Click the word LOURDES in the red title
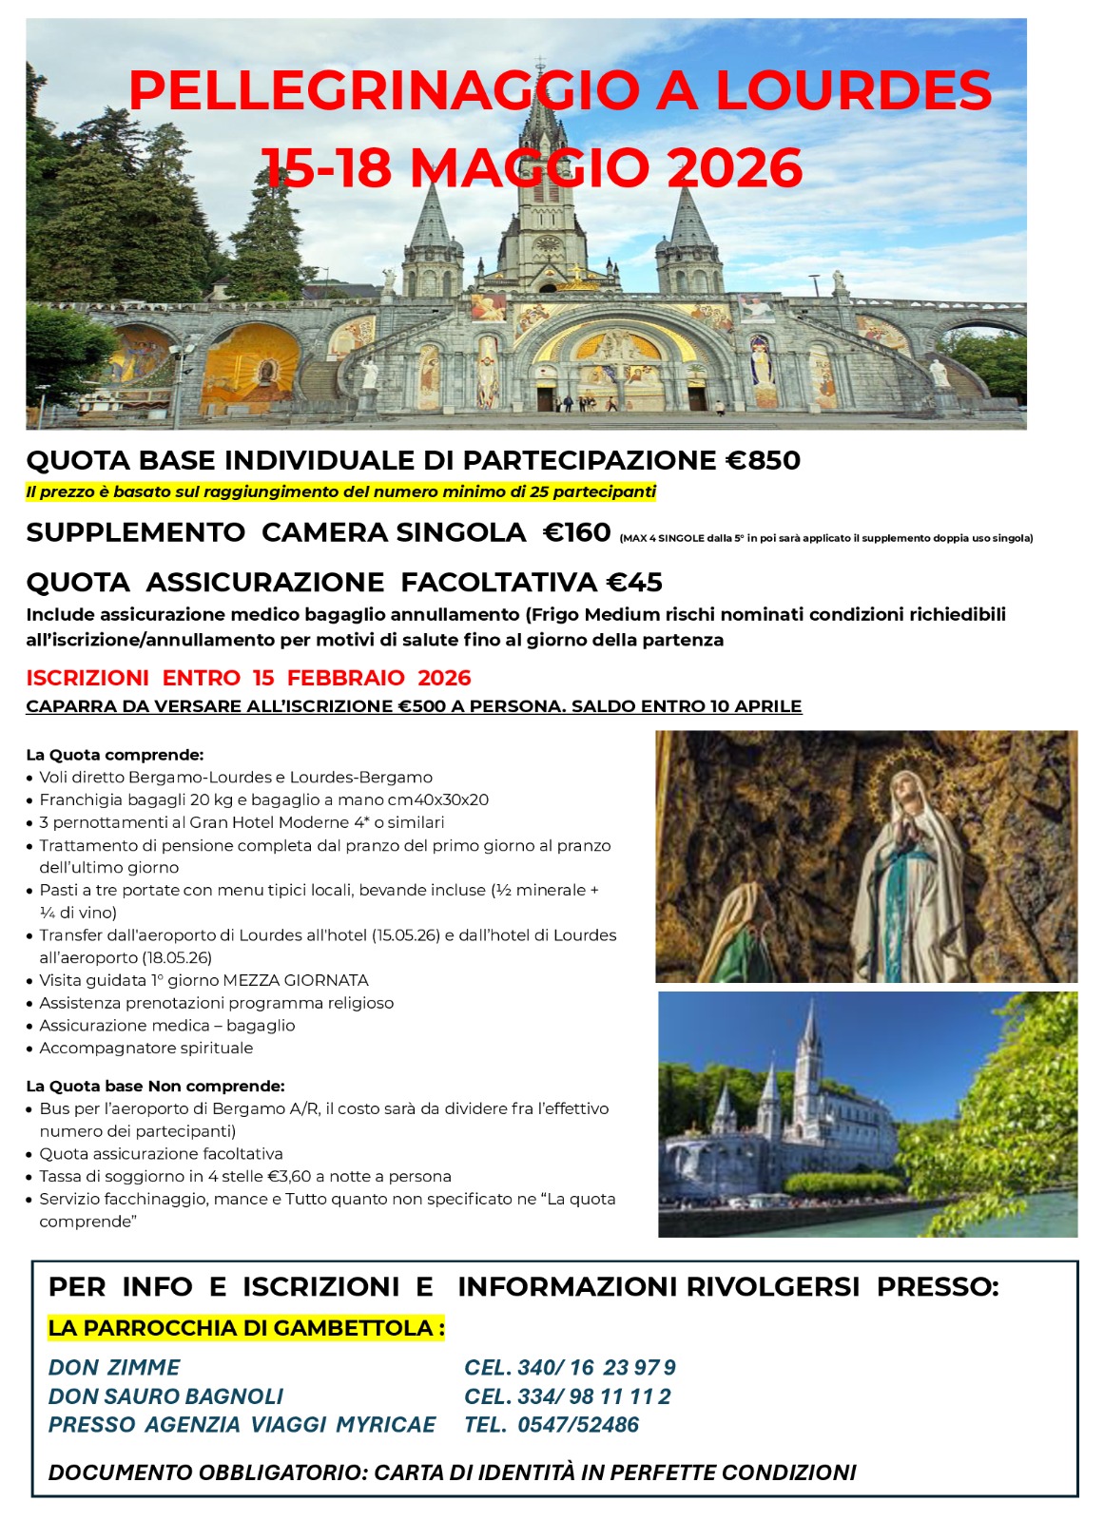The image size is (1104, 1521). tap(853, 91)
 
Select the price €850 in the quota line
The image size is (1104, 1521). tap(764, 461)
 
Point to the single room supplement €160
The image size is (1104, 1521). tap(576, 532)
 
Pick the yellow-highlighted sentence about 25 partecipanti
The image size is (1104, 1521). tap(340, 492)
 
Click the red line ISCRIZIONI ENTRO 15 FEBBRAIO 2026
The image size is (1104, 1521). tap(248, 678)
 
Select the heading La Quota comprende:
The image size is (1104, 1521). tap(115, 755)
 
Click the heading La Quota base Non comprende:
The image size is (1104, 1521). tap(155, 1086)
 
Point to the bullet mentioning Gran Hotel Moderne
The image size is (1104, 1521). tap(242, 822)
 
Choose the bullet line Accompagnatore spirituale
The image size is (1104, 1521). tap(146, 1048)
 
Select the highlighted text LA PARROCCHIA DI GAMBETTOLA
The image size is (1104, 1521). tap(246, 1328)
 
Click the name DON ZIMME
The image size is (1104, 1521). tap(114, 1368)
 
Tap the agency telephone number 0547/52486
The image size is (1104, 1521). tap(578, 1425)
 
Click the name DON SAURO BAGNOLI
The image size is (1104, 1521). tap(166, 1396)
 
